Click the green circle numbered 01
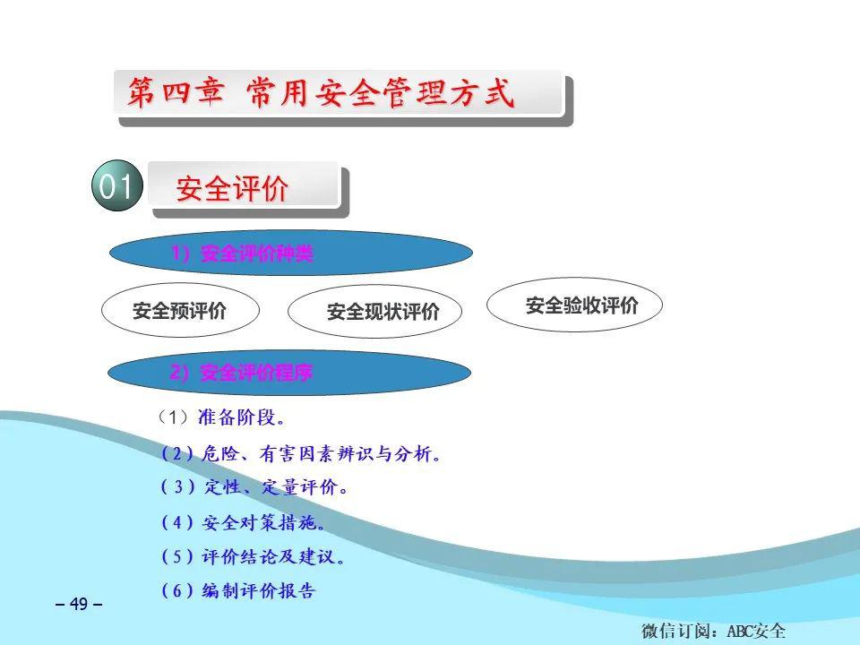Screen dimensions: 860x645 pos(117,185)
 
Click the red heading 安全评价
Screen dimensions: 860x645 pos(232,189)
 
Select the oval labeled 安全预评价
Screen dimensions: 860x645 pos(180,310)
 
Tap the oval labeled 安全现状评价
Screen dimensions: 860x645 pos(374,311)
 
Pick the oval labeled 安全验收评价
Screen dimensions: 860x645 pos(574,305)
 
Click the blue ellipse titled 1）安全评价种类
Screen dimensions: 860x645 pos(290,253)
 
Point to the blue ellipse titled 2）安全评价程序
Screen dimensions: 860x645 pos(289,373)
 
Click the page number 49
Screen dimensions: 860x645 pos(79,604)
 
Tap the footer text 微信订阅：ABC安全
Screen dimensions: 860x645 pos(713,631)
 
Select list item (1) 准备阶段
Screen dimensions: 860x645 pos(220,417)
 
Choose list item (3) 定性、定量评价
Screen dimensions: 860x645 pos(254,487)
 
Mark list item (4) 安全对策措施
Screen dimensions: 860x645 pos(243,522)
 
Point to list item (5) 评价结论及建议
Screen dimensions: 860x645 pos(253,556)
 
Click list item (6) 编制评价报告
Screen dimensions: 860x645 pos(238,590)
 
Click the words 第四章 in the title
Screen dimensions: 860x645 pos(176,91)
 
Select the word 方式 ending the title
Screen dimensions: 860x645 pos(482,91)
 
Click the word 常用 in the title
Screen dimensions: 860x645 pos(278,91)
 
